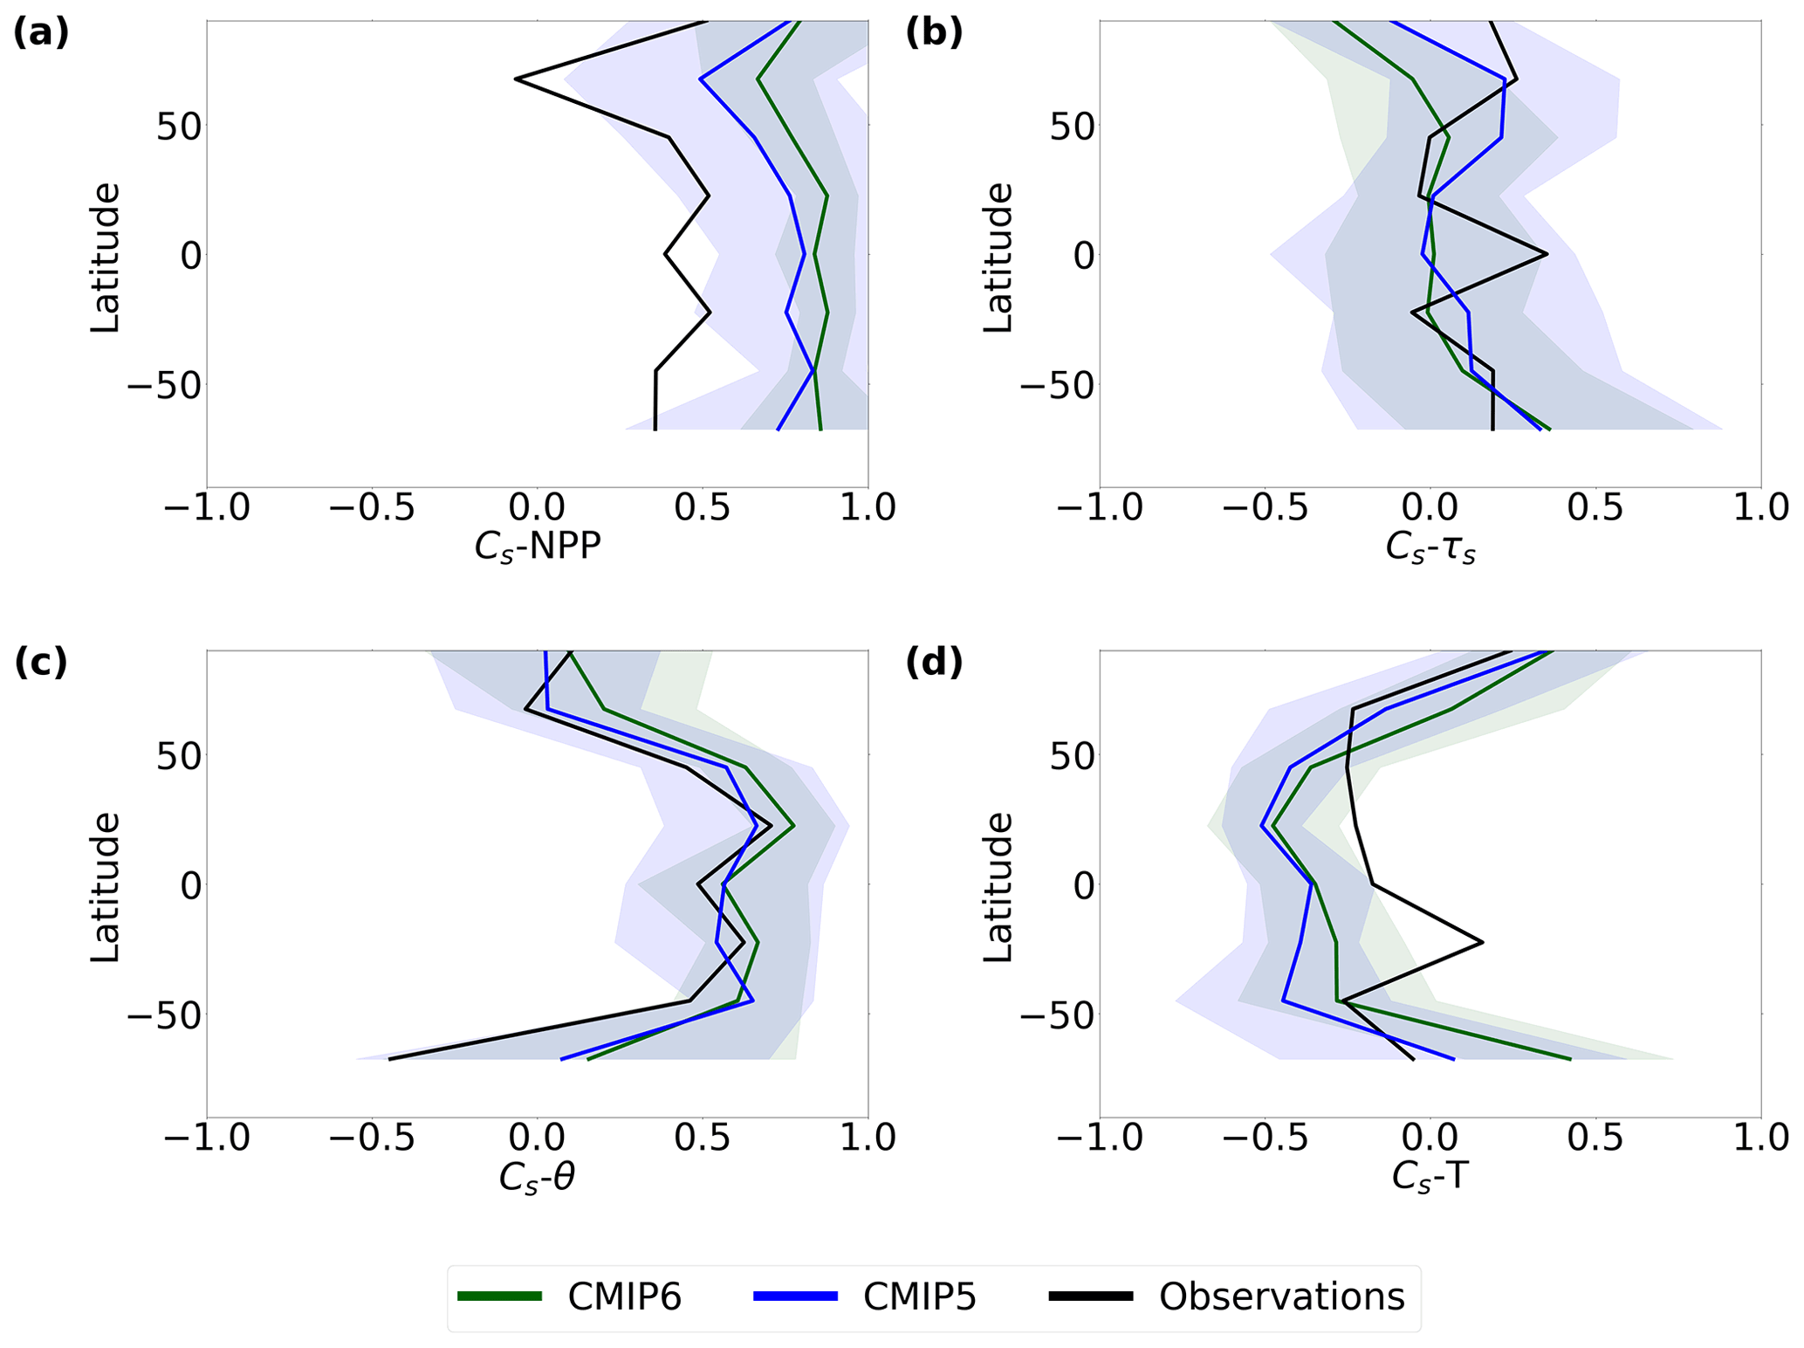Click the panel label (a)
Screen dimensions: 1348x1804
point(41,34)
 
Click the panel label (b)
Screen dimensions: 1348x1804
point(934,34)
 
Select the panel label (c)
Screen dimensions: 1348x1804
point(41,664)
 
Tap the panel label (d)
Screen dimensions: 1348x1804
point(934,664)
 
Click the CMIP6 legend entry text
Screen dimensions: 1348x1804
point(624,1297)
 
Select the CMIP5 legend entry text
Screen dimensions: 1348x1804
point(919,1297)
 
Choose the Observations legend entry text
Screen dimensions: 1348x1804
point(1281,1297)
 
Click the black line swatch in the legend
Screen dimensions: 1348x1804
point(1091,1297)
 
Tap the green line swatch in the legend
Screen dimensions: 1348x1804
point(500,1297)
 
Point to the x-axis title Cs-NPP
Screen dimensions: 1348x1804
point(538,548)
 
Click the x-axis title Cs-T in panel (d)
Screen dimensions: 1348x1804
point(1430,1178)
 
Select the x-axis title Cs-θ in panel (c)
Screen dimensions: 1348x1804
point(538,1178)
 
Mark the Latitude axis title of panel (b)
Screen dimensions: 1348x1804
point(998,257)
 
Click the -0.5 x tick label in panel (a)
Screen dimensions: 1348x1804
point(372,508)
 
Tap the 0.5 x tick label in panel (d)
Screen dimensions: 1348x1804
point(1595,1138)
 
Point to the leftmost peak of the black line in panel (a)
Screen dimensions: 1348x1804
point(517,79)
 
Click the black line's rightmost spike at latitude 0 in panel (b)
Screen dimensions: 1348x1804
point(1547,254)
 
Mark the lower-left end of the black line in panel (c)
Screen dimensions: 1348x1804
point(389,1059)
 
